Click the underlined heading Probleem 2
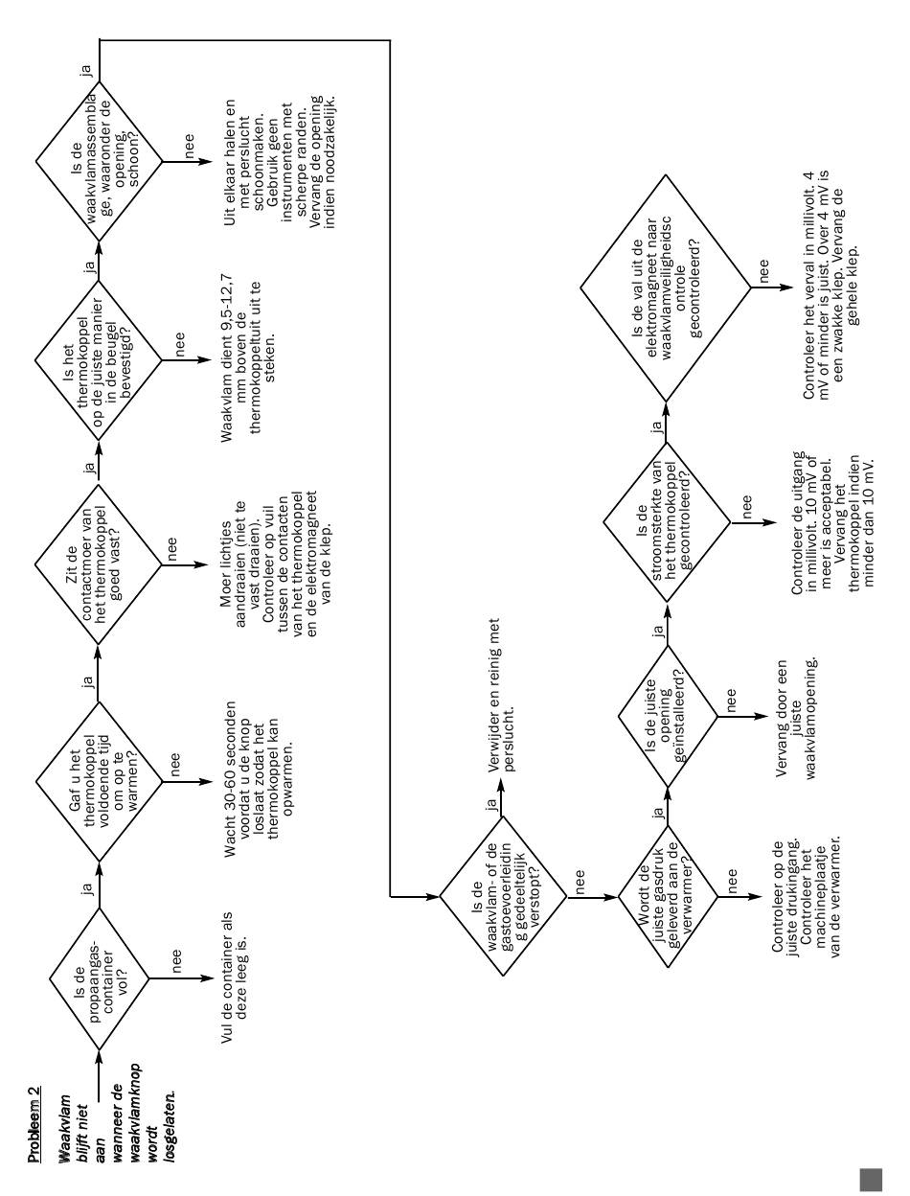[x=34, y=1123]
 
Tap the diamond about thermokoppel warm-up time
[x=99, y=781]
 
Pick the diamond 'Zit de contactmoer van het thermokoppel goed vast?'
[x=99, y=564]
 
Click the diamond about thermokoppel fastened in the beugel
[x=99, y=360]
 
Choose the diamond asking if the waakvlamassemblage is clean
[x=99, y=161]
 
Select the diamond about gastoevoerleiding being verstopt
[x=503, y=896]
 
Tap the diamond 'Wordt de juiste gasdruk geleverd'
[x=668, y=896]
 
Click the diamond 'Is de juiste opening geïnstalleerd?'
[x=668, y=717]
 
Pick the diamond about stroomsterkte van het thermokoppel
[x=667, y=522]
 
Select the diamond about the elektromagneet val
[x=666, y=288]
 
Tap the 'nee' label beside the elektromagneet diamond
[x=764, y=271]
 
